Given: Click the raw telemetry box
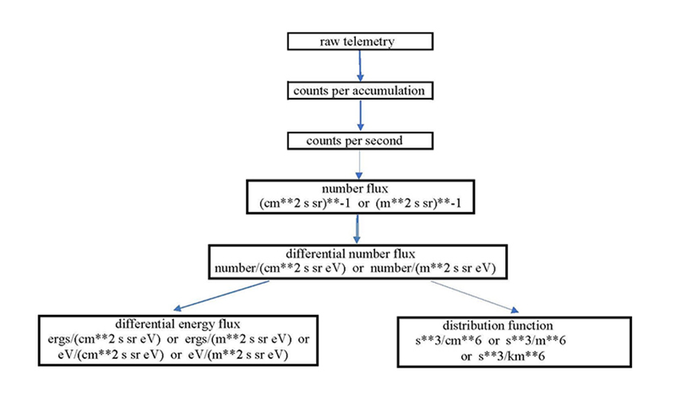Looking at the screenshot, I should (x=360, y=41).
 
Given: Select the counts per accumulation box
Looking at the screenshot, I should (x=360, y=91).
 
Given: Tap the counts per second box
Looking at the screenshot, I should (x=360, y=141).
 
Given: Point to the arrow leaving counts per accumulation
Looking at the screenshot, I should (x=361, y=116).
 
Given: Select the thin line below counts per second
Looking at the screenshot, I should (x=361, y=165).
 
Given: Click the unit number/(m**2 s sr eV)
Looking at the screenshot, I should (x=428, y=269).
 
